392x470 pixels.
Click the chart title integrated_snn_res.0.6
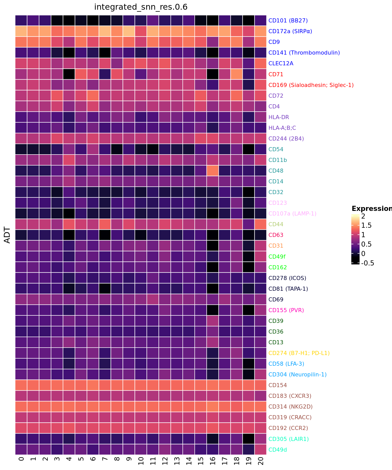[141, 7]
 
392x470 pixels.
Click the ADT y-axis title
[8, 235]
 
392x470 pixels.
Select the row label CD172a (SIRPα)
[290, 31]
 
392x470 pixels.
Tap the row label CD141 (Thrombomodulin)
[304, 53]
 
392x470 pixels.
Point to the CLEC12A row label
[281, 63]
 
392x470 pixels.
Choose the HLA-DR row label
[279, 117]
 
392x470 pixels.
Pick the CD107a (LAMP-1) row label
[292, 213]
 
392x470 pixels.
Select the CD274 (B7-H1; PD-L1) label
[299, 353]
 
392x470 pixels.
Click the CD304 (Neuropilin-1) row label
[297, 374]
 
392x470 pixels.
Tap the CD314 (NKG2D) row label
[290, 407]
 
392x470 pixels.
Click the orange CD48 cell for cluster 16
[213, 171]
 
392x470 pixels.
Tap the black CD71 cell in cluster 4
[69, 74]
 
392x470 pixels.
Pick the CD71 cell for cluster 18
[237, 74]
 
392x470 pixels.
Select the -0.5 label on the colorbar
[367, 263]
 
